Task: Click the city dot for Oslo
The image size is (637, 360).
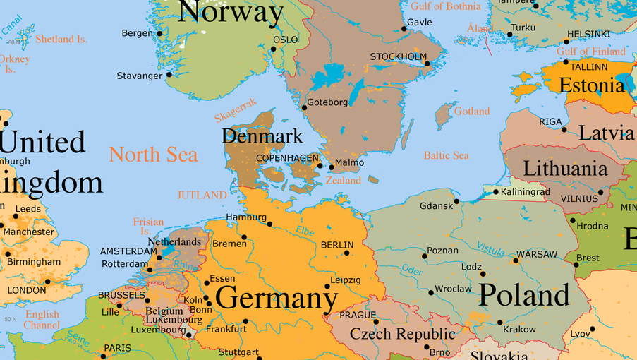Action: pyautogui.click(x=274, y=49)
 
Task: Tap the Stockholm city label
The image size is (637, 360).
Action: pyautogui.click(x=398, y=56)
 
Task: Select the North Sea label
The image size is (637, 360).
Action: pyautogui.click(x=153, y=155)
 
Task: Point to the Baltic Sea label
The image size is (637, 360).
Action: pyautogui.click(x=446, y=155)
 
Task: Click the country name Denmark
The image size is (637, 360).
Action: pyautogui.click(x=262, y=136)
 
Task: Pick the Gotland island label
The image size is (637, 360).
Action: pyautogui.click(x=471, y=112)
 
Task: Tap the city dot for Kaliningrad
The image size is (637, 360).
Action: pyautogui.click(x=496, y=192)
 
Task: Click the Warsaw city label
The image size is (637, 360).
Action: pyautogui.click(x=536, y=254)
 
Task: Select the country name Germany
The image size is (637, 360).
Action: pyautogui.click(x=277, y=297)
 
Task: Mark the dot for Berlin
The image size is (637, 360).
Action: pyautogui.click(x=347, y=253)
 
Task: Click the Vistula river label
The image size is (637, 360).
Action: pyautogui.click(x=490, y=248)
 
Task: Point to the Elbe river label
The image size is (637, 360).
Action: pyautogui.click(x=305, y=231)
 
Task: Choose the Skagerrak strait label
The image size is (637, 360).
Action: pyautogui.click(x=236, y=111)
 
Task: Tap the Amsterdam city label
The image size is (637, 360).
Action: pyautogui.click(x=128, y=251)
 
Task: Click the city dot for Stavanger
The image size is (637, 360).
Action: pyautogui.click(x=169, y=75)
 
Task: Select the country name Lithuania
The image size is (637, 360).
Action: pyautogui.click(x=565, y=169)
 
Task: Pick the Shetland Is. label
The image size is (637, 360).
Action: pyautogui.click(x=61, y=40)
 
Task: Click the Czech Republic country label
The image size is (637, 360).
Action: pyautogui.click(x=403, y=334)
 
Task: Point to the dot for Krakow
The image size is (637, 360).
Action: pyautogui.click(x=499, y=323)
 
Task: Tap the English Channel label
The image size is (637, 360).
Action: pyautogui.click(x=42, y=320)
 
